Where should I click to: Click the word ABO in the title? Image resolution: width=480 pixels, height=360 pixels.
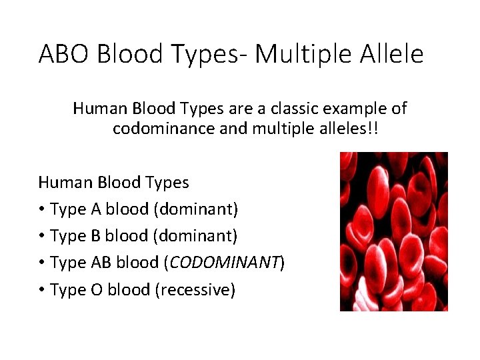pos(64,54)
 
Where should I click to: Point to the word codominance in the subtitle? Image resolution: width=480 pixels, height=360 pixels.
pos(164,128)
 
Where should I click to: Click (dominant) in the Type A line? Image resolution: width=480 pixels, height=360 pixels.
pos(195,209)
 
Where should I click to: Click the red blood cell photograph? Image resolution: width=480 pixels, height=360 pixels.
pos(393,231)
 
